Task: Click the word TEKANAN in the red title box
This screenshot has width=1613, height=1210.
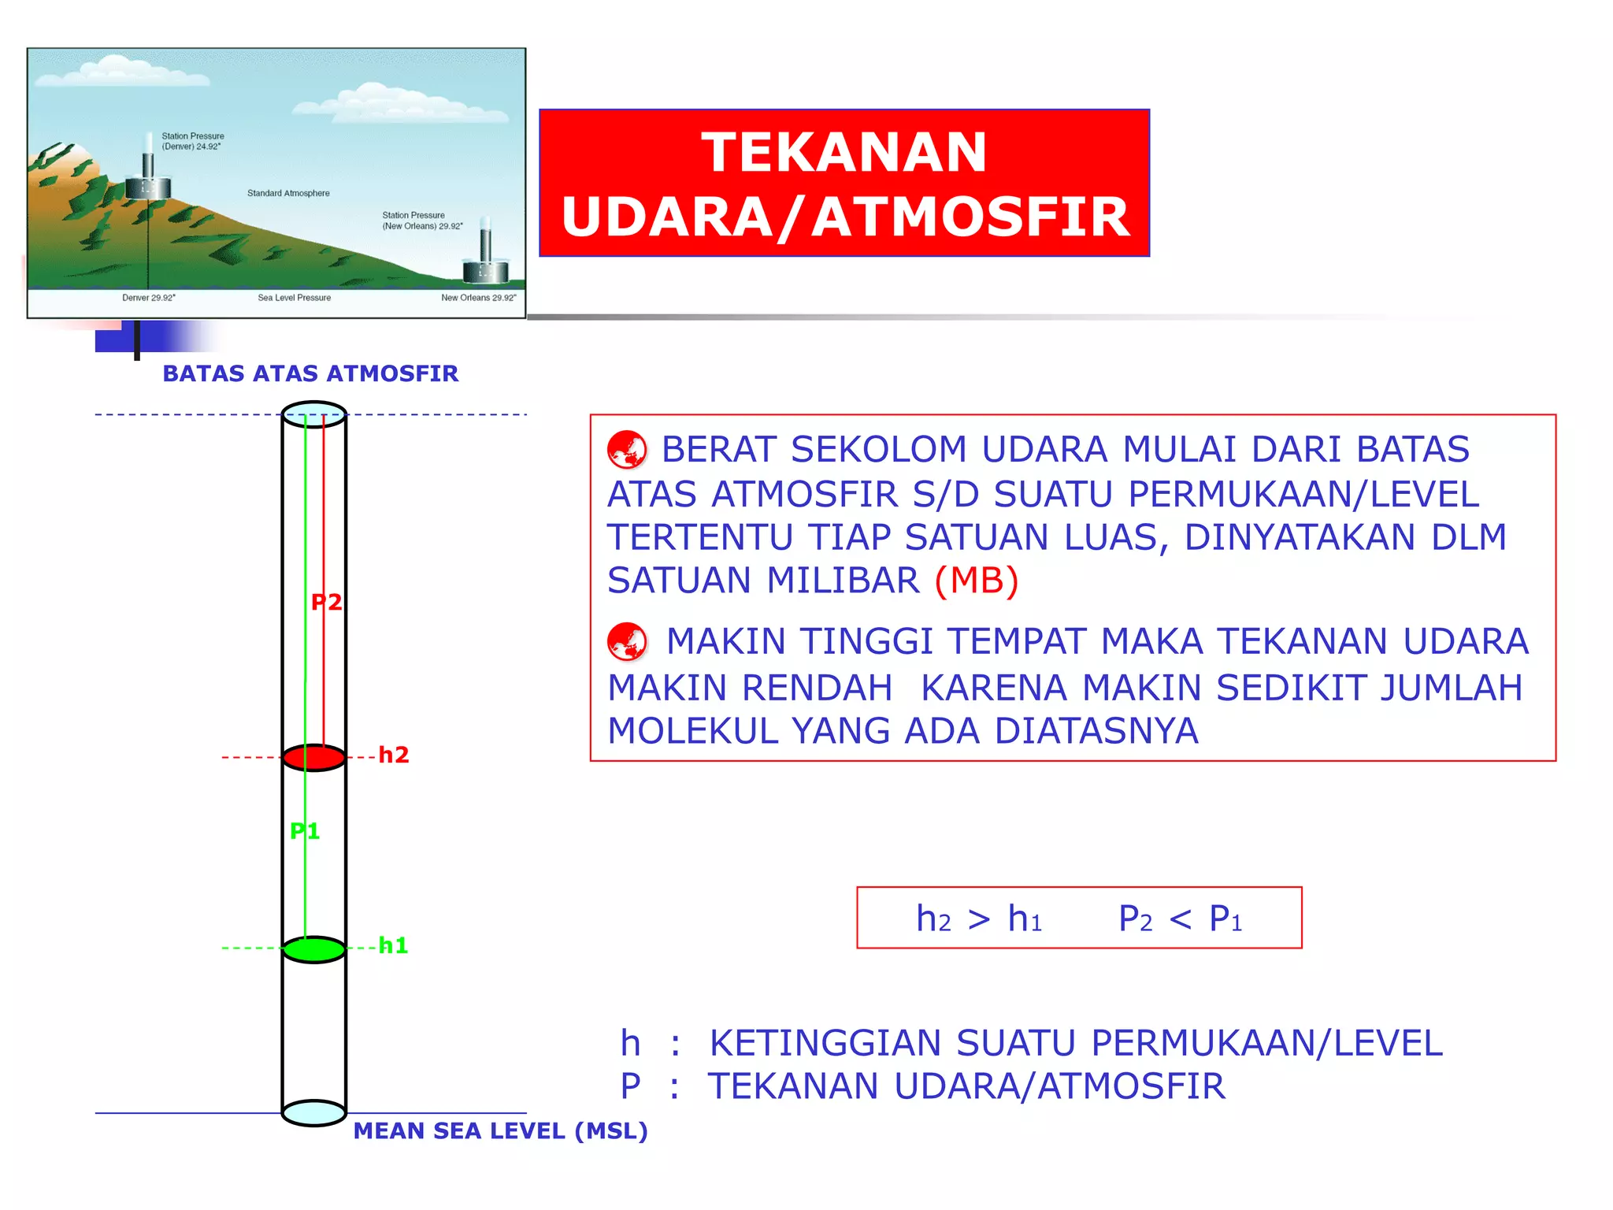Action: click(844, 152)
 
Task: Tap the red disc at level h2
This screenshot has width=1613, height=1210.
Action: click(314, 757)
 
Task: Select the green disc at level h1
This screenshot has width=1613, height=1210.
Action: click(314, 949)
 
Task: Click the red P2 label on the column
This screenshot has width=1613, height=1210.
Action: click(326, 603)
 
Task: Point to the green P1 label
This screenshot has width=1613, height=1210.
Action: click(305, 831)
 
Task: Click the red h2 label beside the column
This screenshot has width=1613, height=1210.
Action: click(394, 755)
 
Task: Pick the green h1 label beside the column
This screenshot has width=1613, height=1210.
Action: click(393, 945)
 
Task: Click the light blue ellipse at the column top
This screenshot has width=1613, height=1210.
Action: click(314, 414)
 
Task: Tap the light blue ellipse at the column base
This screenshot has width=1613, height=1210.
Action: click(314, 1113)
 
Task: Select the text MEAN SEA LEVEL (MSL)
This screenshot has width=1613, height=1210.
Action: click(500, 1131)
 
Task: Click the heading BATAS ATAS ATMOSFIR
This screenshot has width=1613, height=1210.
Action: click(310, 373)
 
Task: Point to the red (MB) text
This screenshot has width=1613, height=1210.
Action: click(977, 581)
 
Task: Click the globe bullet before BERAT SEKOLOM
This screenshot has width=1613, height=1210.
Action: click(627, 450)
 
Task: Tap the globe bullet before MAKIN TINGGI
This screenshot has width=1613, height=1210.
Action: click(627, 641)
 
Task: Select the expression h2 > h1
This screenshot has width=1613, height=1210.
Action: click(979, 919)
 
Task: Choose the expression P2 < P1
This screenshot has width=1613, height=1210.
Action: click(1180, 919)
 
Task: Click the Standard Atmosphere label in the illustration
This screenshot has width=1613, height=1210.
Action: click(288, 193)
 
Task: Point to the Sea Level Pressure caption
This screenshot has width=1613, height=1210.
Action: click(294, 298)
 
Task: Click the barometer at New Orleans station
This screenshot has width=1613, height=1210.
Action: click(486, 256)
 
